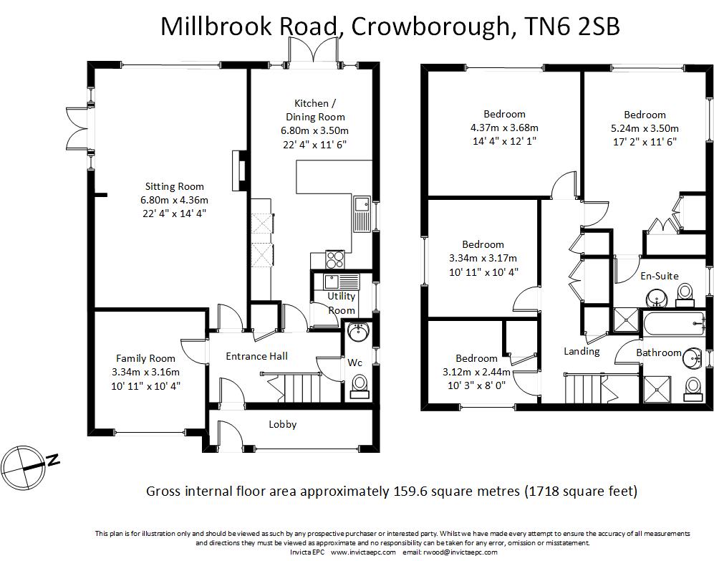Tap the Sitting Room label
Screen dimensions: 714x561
pos(175,187)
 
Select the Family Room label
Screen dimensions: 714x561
pos(145,359)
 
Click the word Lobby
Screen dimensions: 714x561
pos(282,424)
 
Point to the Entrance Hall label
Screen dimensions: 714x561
pos(256,356)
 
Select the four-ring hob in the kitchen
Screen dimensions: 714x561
pos(334,258)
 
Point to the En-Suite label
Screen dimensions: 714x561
pos(659,276)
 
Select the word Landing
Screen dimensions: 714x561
pos(582,351)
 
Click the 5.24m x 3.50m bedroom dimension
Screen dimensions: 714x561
pos(645,128)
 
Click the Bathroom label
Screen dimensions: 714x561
pos(658,353)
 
